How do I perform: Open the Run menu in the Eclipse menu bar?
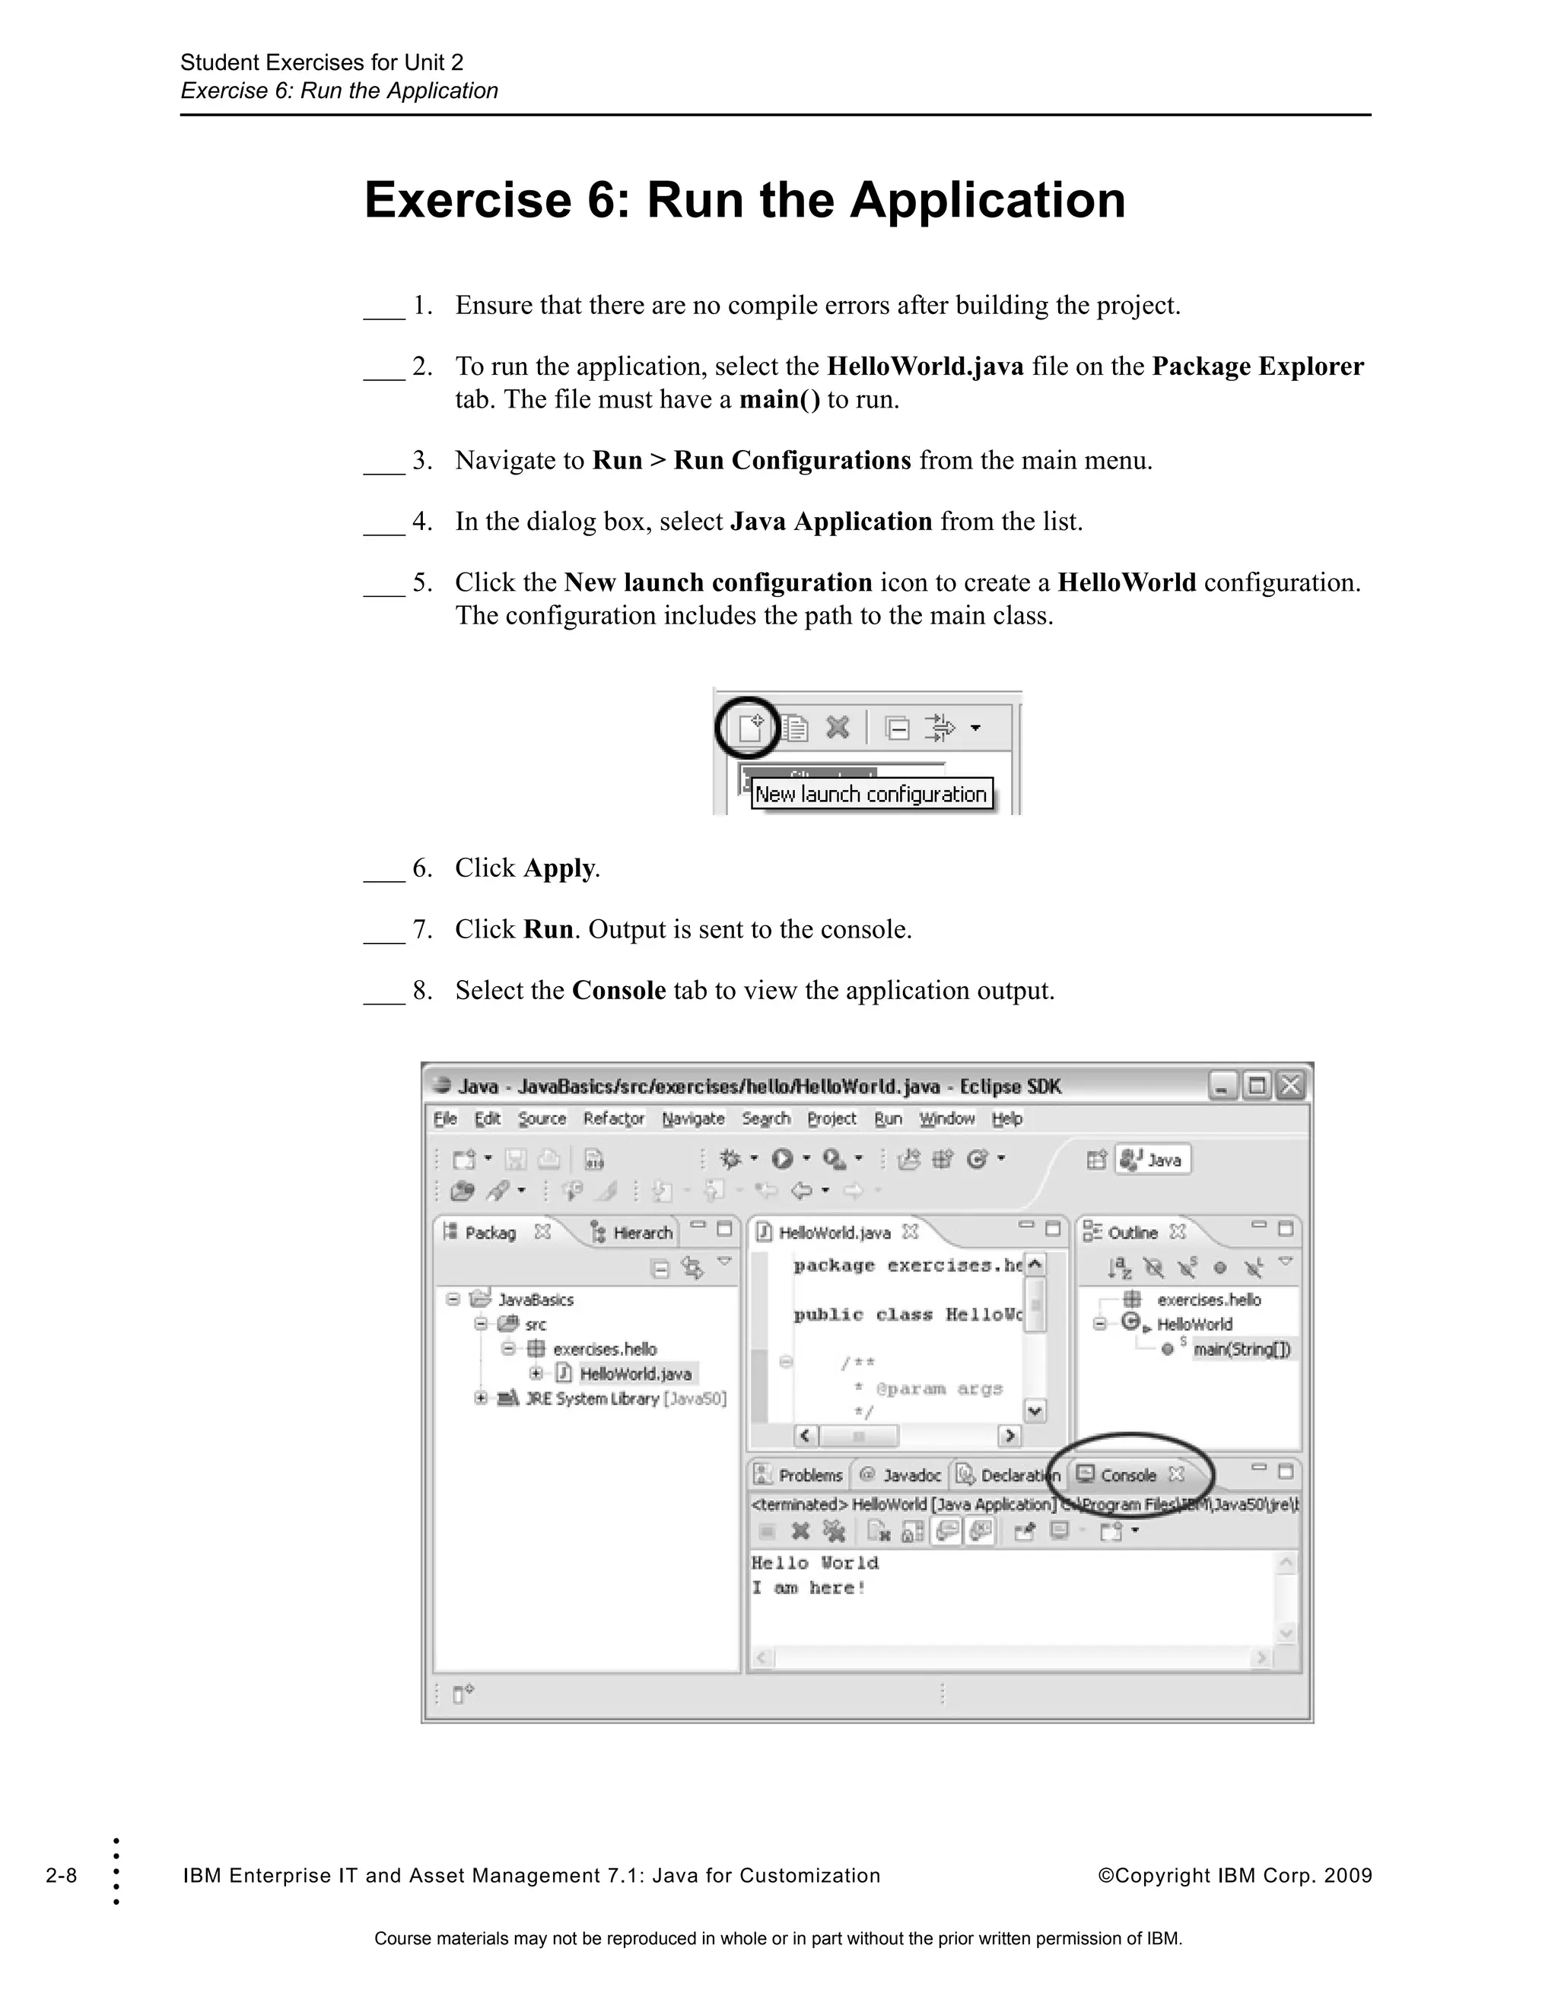(x=888, y=1119)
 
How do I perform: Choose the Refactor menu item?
(x=614, y=1119)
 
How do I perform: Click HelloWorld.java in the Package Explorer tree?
(x=635, y=1374)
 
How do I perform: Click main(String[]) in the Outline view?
(x=1242, y=1350)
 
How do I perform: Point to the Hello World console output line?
(x=815, y=1563)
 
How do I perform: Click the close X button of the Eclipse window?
(x=1290, y=1086)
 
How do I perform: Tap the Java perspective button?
(x=1154, y=1160)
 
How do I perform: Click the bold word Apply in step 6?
(x=558, y=868)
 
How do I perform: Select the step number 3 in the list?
(x=421, y=460)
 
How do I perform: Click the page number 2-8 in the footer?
(x=61, y=1876)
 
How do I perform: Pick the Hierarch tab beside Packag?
(x=633, y=1233)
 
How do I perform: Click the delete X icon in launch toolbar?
(x=837, y=728)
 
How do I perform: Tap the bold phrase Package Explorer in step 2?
(x=1257, y=367)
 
